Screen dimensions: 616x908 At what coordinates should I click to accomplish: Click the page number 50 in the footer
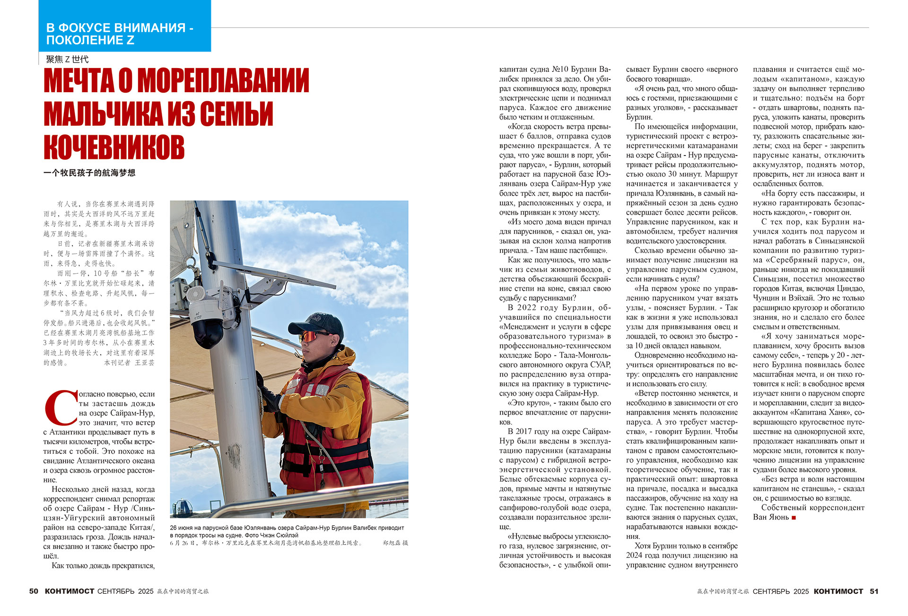pos(34,591)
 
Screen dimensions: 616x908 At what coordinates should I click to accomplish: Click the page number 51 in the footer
pos(874,591)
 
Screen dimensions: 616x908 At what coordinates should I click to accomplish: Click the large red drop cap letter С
pos(61,407)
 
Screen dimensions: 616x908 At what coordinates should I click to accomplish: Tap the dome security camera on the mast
pos(207,326)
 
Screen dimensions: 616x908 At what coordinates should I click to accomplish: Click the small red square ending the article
pos(794,518)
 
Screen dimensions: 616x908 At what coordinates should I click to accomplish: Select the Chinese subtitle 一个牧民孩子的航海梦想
pos(89,173)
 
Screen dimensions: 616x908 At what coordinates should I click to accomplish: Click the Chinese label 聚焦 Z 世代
pos(67,59)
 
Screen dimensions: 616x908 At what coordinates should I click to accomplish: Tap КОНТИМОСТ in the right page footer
pos(838,591)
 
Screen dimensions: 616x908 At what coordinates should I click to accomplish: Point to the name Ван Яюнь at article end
pos(771,517)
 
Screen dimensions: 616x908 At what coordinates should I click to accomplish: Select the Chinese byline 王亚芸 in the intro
pos(145,363)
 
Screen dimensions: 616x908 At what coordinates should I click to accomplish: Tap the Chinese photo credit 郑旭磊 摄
pos(395,543)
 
